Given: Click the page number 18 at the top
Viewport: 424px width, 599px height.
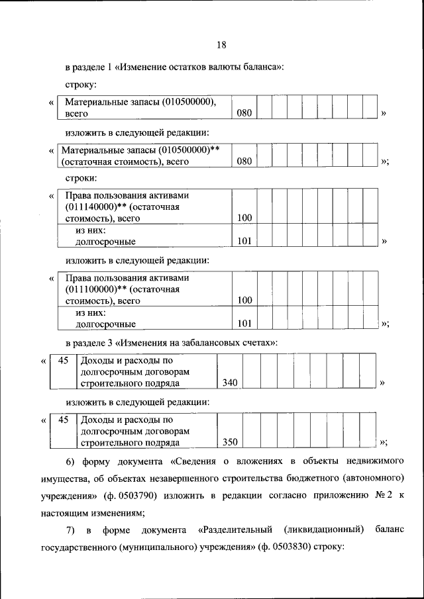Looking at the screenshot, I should tap(221, 44).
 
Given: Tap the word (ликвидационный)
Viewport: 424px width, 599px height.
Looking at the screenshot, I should tap(323, 530).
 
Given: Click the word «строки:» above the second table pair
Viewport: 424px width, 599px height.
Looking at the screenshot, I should tap(81, 178).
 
